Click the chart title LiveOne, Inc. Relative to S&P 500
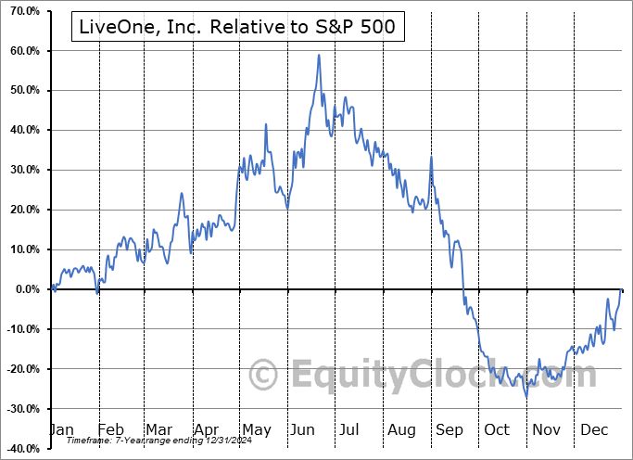click(238, 27)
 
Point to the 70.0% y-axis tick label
click(21, 10)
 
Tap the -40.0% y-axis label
click(21, 449)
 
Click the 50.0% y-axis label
click(21, 90)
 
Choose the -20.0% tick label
click(21, 369)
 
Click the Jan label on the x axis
click(60, 429)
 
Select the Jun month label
click(304, 429)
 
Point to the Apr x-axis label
click(207, 429)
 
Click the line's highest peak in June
click(319, 55)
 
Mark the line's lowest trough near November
click(526, 397)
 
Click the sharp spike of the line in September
click(431, 157)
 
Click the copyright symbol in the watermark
click(264, 376)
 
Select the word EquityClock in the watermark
click(445, 376)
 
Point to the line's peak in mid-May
click(266, 124)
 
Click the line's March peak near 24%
click(182, 193)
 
